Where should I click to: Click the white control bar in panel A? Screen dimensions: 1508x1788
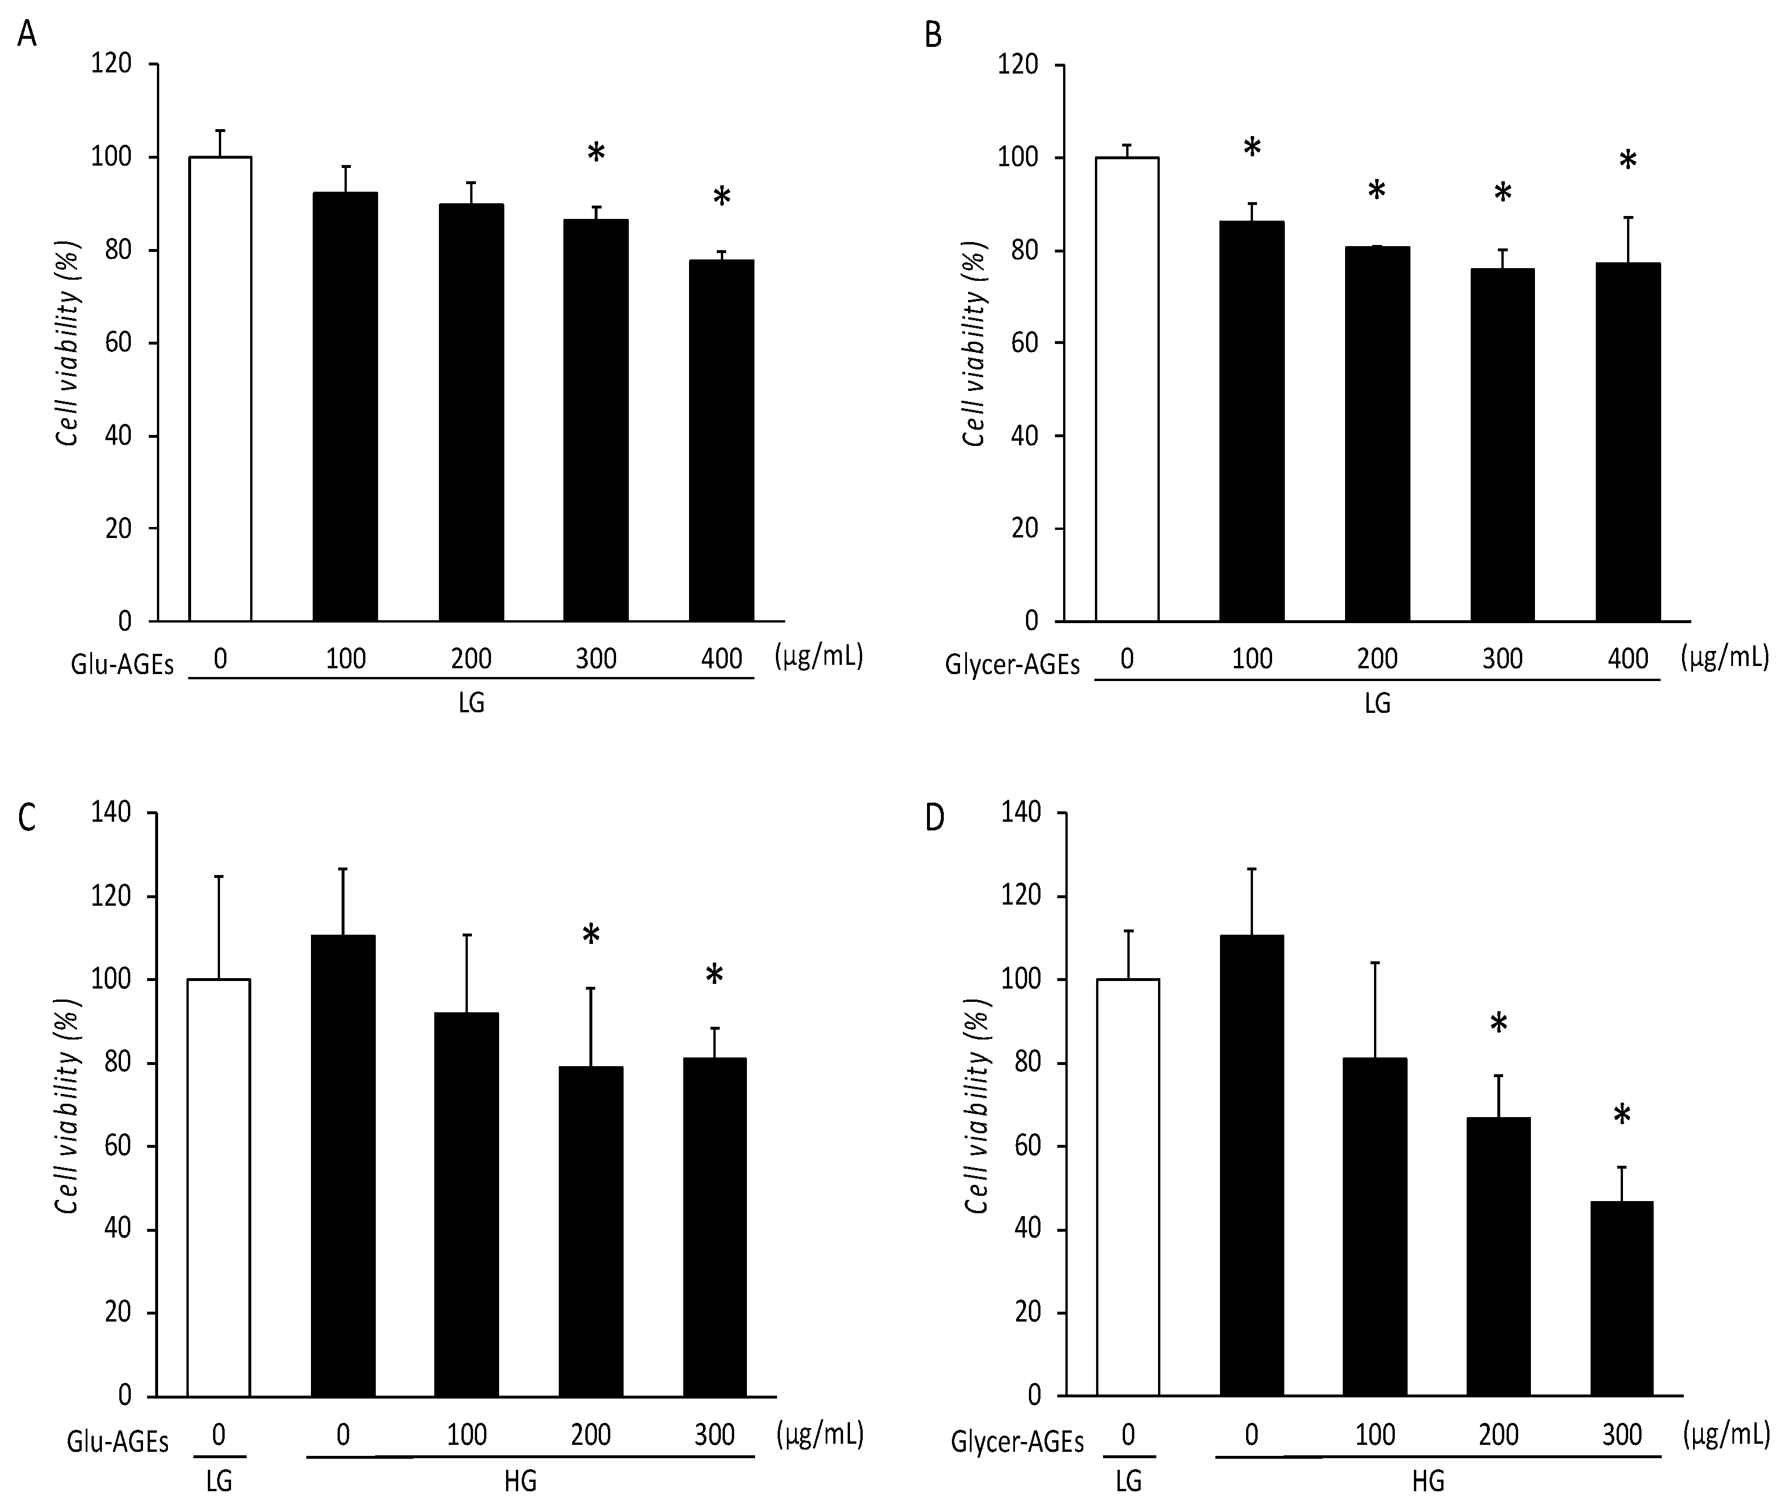pyautogui.click(x=219, y=389)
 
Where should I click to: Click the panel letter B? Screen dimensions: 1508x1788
pyautogui.click(x=933, y=36)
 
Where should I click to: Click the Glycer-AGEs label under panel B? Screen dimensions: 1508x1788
pyautogui.click(x=1012, y=664)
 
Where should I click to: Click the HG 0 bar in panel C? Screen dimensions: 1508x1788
pyautogui.click(x=343, y=1166)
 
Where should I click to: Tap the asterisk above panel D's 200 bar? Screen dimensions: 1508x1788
pyautogui.click(x=1498, y=1024)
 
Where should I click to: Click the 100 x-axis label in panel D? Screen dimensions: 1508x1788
pyautogui.click(x=1375, y=1434)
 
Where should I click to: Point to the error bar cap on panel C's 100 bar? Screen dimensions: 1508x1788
pyautogui.click(x=467, y=935)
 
